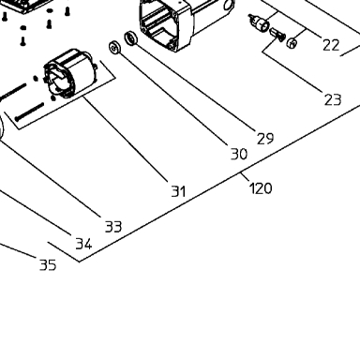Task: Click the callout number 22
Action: click(331, 45)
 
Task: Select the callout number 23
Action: click(333, 99)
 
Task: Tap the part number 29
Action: click(265, 138)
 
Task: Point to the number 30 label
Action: click(239, 154)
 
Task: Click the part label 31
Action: click(178, 190)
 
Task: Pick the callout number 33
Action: click(113, 227)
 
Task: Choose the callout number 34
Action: click(83, 244)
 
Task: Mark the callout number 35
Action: click(48, 264)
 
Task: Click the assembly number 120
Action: click(261, 188)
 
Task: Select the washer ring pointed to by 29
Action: click(131, 38)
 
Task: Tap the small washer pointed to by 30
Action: click(114, 48)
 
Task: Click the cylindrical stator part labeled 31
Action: click(69, 73)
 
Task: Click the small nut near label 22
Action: click(292, 43)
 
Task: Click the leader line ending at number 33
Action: click(51, 179)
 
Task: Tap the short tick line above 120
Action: click(246, 177)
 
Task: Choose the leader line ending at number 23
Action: click(293, 72)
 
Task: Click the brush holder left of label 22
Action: click(260, 22)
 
